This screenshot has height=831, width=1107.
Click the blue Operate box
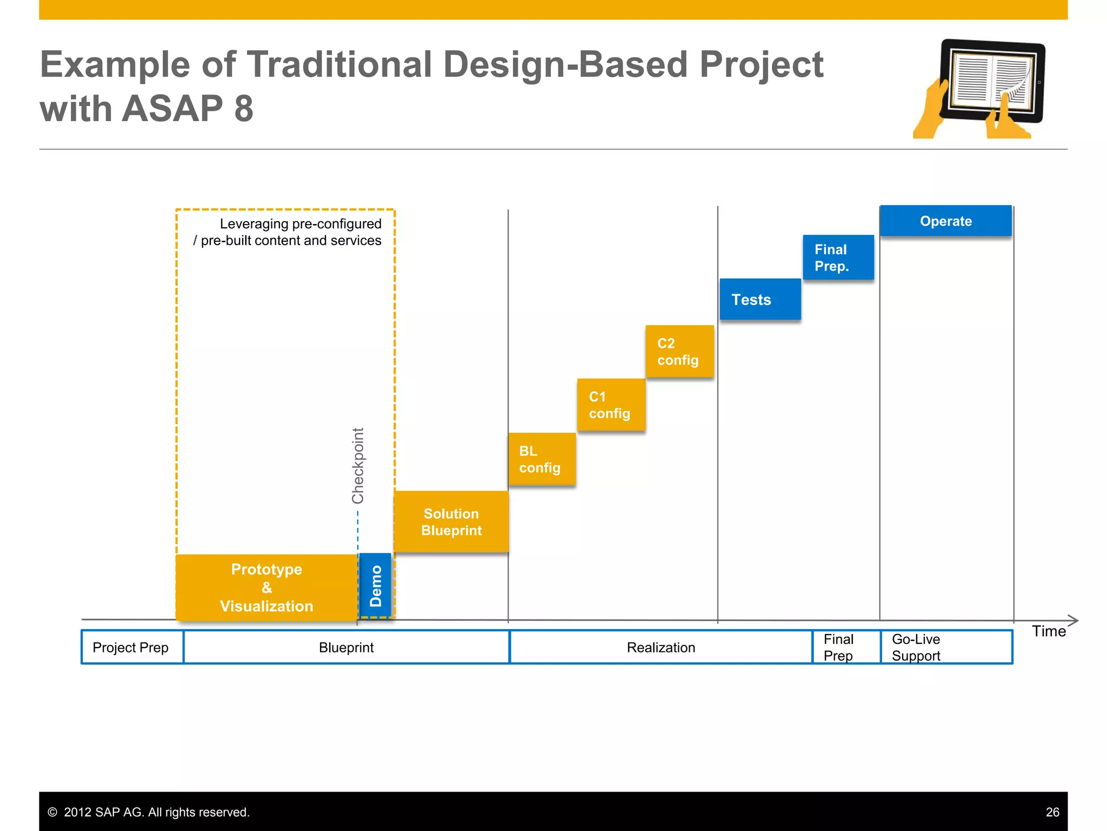coord(945,221)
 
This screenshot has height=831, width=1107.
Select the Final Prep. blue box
coord(838,258)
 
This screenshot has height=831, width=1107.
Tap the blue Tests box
coord(760,299)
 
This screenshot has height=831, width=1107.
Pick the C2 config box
coord(679,351)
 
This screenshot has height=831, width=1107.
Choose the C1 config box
coord(611,405)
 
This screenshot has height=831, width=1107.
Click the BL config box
coord(542,459)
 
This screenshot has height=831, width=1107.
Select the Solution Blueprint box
coord(451,522)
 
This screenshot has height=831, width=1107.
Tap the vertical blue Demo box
coord(375,585)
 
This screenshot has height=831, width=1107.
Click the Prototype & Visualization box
coord(266,588)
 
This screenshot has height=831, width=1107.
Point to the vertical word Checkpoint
coord(358,466)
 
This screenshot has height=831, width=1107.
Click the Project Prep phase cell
coord(131,647)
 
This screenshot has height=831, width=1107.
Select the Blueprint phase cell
coord(346,647)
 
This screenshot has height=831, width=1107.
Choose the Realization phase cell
coord(661,647)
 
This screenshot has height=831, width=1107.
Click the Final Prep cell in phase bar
coord(845,647)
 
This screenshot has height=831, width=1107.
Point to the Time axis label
coord(1048,631)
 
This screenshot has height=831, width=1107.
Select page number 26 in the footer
coord(1052,812)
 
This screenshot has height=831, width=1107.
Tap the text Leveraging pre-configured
coord(300,223)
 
